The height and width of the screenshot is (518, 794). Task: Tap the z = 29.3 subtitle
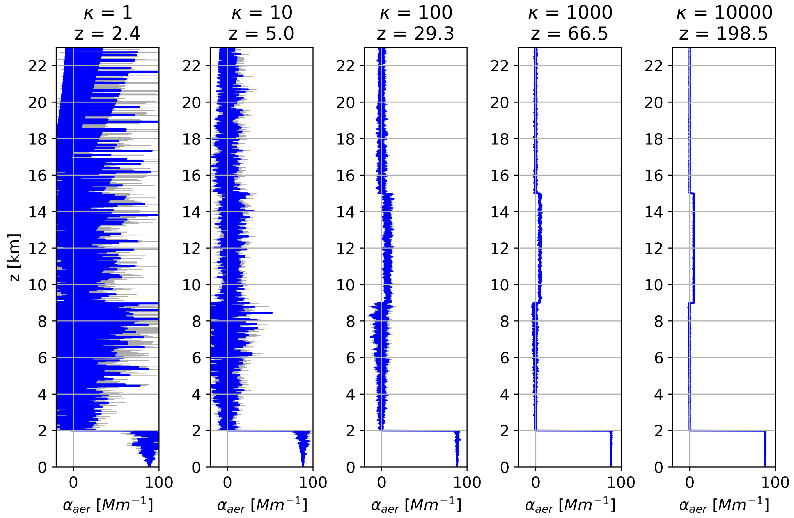(416, 34)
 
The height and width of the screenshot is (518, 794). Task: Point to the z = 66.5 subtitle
(570, 34)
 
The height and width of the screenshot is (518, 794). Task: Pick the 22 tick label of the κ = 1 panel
(37, 66)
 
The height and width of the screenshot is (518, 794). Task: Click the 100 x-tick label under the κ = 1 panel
(159, 482)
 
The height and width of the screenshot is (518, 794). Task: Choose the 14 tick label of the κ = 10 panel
(191, 212)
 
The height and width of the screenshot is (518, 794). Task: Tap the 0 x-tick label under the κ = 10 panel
(228, 482)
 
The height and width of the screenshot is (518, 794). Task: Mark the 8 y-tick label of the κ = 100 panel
(350, 321)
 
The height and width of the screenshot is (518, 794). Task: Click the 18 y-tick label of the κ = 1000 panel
(499, 139)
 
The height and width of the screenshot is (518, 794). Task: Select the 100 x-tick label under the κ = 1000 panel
(621, 482)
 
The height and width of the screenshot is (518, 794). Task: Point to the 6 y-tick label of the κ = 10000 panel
(659, 358)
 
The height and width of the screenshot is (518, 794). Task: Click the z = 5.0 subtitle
(262, 34)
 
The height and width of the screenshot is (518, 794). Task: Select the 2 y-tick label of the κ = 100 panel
(350, 431)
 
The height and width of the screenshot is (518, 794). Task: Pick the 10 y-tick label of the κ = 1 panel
(37, 285)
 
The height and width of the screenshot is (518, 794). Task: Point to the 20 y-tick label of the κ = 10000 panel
(654, 103)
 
